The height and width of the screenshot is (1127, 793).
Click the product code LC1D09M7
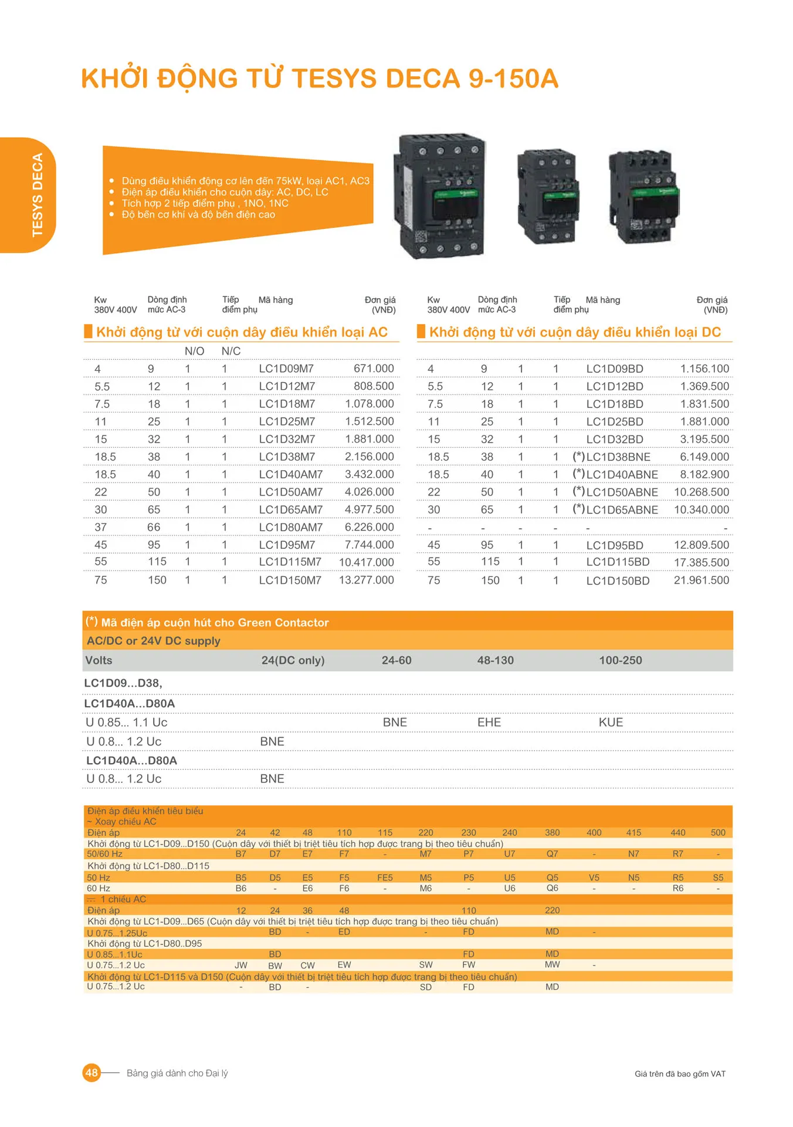tap(286, 369)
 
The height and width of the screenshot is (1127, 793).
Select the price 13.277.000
tap(366, 580)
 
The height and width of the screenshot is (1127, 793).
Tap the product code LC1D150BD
tap(618, 581)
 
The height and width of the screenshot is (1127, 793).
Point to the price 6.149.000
tap(704, 457)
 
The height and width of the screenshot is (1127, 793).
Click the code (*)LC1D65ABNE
tap(615, 509)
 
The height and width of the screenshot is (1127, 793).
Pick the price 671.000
tap(374, 369)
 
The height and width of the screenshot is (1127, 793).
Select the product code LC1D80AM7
tap(290, 527)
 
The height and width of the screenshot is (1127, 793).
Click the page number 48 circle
tap(91, 1073)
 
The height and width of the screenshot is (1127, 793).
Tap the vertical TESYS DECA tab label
tap(38, 195)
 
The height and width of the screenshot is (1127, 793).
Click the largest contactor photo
tap(442, 195)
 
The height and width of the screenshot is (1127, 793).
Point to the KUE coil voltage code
tap(611, 723)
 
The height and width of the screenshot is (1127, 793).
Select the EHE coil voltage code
tap(489, 723)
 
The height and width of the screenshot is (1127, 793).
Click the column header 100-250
tap(620, 660)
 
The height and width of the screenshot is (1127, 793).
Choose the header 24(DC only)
tap(293, 660)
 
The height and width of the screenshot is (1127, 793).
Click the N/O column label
tap(194, 351)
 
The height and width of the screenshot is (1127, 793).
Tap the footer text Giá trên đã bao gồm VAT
tap(680, 1074)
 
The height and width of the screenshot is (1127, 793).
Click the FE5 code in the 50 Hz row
tap(385, 878)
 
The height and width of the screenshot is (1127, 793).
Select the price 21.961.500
tap(701, 581)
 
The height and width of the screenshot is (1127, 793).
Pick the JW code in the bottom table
tap(241, 965)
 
